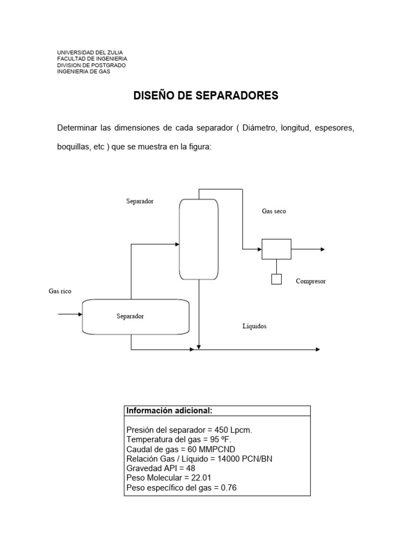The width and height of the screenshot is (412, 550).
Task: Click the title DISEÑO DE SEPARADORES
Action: pos(205,96)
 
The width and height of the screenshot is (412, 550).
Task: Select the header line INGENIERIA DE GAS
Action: pos(84,71)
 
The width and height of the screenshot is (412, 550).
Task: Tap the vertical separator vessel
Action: pos(199,240)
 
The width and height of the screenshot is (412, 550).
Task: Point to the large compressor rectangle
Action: pos(276,249)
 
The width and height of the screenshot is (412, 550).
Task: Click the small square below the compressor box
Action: pos(276,279)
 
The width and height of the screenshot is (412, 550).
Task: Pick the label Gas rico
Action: pos(60,291)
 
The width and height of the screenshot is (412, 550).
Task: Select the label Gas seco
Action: pos(274,212)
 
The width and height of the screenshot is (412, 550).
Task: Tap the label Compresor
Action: pos(311,281)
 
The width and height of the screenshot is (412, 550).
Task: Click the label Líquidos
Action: pos(254,326)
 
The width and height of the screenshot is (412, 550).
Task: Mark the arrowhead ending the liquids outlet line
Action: pos(317,350)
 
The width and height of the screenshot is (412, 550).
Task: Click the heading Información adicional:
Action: pos(169,411)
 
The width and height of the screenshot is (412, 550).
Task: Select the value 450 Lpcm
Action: pos(234,430)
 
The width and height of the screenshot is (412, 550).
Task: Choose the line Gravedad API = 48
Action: pos(160,468)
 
